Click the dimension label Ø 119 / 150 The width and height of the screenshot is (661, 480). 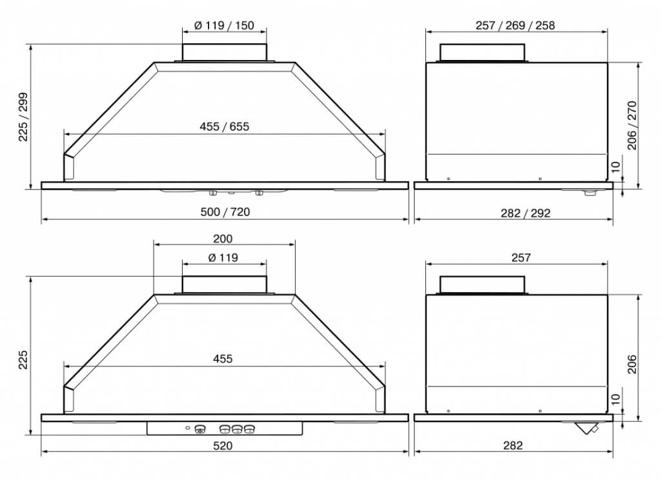tap(224, 25)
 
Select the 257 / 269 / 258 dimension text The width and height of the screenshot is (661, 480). tap(515, 25)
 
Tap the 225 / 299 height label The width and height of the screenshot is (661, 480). tap(23, 117)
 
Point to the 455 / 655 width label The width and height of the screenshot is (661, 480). tap(224, 126)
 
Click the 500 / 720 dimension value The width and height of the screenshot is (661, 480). tap(225, 212)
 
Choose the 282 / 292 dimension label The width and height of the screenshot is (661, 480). tap(525, 213)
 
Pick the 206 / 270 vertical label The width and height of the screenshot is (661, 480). tap(632, 125)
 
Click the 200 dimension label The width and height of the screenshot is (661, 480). tap(223, 239)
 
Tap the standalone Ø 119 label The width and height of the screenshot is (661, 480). tap(223, 257)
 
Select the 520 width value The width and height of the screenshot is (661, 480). tap(223, 445)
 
